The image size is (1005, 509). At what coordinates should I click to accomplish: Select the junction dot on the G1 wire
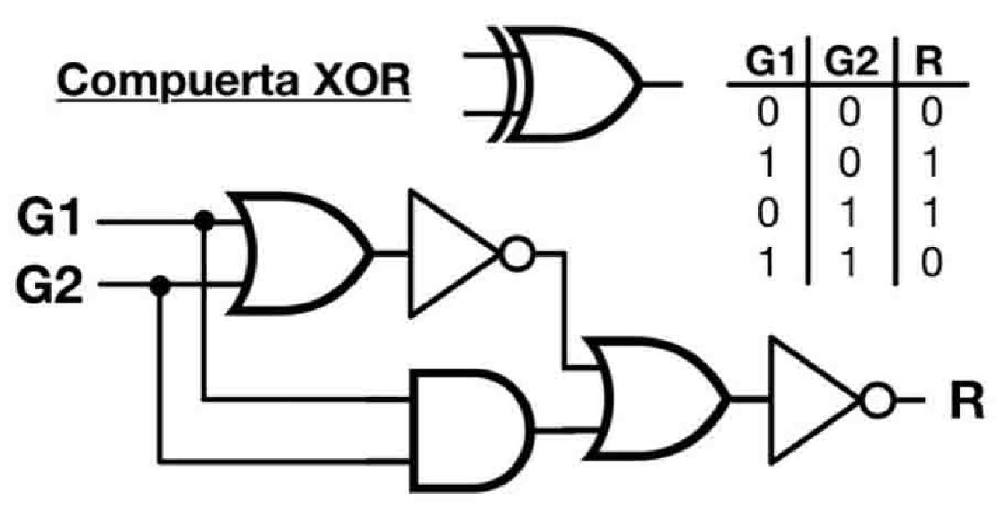(202, 222)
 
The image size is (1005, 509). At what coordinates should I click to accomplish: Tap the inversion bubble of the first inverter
(517, 254)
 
